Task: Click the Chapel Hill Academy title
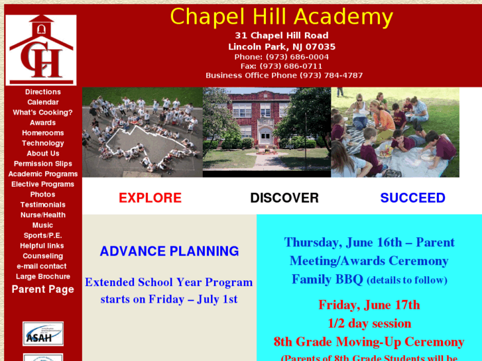click(281, 17)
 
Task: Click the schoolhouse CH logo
click(41, 50)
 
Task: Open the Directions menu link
click(43, 92)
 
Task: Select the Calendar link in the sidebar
click(43, 102)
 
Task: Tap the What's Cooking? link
click(43, 113)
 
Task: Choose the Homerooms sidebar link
click(43, 133)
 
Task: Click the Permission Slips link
click(43, 164)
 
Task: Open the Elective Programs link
click(43, 184)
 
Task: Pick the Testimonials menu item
click(43, 205)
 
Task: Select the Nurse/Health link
click(43, 215)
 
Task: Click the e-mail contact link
click(42, 266)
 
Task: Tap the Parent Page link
click(43, 289)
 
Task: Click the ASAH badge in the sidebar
click(43, 334)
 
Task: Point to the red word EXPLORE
click(150, 198)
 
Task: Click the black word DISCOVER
click(284, 198)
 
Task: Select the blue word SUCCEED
click(412, 198)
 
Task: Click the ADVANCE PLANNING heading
click(169, 251)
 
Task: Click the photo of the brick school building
click(267, 132)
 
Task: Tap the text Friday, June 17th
click(369, 305)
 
